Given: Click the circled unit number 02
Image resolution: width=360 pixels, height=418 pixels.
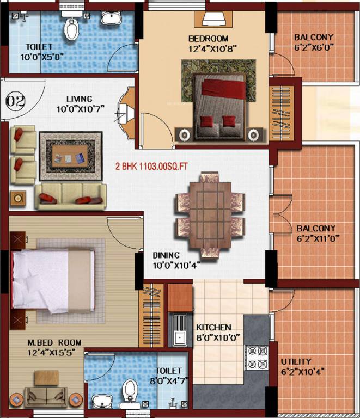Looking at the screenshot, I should (x=16, y=101).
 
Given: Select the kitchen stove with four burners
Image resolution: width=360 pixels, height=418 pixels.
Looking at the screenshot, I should (x=256, y=358).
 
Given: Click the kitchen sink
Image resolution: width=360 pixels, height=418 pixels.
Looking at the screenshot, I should (x=179, y=330).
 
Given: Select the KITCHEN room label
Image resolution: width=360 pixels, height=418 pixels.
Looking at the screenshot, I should (x=213, y=328).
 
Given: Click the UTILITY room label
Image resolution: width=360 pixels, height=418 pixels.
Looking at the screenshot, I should (x=296, y=361).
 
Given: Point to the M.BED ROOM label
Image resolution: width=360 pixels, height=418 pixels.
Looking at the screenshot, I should (x=54, y=342).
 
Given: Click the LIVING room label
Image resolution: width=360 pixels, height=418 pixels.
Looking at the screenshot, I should (x=80, y=99).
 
